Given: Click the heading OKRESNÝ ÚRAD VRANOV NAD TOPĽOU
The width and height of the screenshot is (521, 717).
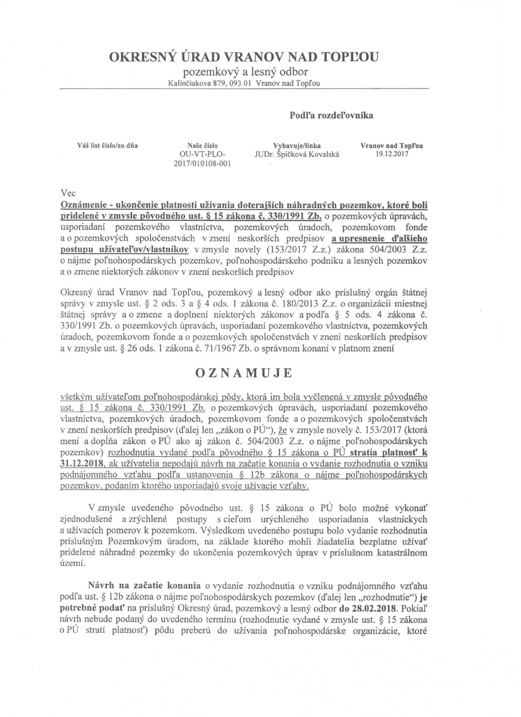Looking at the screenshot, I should pos(244,57).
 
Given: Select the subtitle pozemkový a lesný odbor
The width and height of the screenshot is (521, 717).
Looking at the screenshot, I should pos(245,72).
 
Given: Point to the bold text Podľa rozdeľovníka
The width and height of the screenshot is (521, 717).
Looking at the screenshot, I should pos(331,115).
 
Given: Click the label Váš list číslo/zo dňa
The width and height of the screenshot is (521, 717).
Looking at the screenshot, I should pos(107,145).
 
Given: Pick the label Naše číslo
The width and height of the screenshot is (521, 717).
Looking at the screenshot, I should pos(202,146).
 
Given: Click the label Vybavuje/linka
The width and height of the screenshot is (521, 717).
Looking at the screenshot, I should pos(297,146).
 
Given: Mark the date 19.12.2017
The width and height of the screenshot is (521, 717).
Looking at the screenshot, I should pos(391,154).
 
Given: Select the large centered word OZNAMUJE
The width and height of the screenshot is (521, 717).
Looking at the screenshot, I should pos(244,374).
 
